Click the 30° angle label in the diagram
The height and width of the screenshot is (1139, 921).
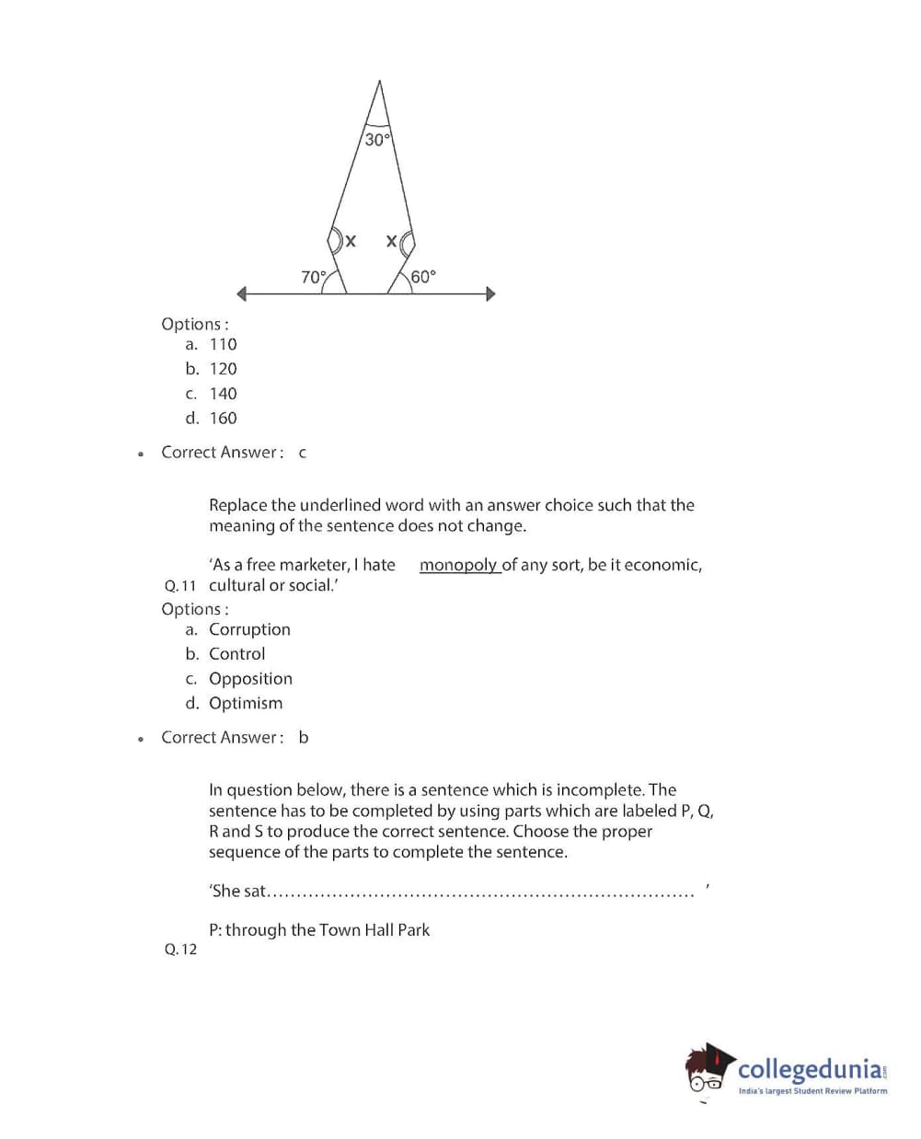click(377, 140)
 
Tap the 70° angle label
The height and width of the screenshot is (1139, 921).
click(314, 277)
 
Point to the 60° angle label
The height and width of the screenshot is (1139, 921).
click(423, 277)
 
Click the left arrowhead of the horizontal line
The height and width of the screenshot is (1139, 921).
click(242, 294)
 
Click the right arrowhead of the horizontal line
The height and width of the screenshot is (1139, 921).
click(490, 294)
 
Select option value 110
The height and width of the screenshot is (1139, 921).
click(223, 344)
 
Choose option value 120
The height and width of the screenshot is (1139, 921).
click(223, 369)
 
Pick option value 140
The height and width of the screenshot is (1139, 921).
click(223, 394)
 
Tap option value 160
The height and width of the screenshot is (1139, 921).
click(223, 419)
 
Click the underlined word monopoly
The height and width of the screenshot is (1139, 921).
click(458, 565)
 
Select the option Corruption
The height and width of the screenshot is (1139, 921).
click(249, 629)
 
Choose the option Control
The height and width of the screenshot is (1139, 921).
click(236, 654)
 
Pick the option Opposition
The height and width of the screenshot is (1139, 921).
click(250, 679)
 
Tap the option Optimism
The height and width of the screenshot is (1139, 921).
click(246, 704)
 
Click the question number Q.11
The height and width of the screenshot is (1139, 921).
click(180, 586)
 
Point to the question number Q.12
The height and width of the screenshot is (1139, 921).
click(180, 949)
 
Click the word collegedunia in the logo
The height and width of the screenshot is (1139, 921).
click(810, 1069)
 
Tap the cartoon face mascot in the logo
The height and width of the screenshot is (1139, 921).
click(708, 1071)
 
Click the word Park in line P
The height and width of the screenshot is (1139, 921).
click(414, 930)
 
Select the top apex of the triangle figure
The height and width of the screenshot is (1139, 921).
click(379, 82)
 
